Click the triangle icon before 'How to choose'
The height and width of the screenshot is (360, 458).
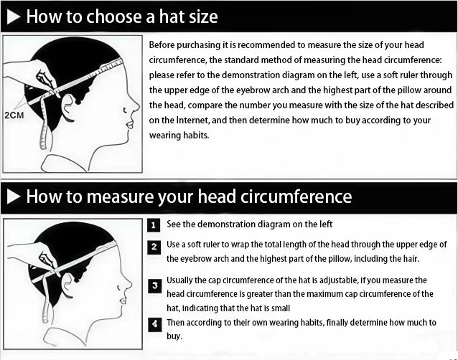click(x=14, y=16)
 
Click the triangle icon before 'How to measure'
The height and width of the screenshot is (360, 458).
click(x=14, y=196)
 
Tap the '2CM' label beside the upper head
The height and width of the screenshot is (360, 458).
click(x=14, y=114)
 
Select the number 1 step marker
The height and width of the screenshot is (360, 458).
click(x=154, y=225)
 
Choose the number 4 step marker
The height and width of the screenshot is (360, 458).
click(x=154, y=324)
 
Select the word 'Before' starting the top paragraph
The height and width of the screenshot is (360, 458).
click(x=164, y=45)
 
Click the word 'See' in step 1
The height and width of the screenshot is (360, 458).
click(x=174, y=224)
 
